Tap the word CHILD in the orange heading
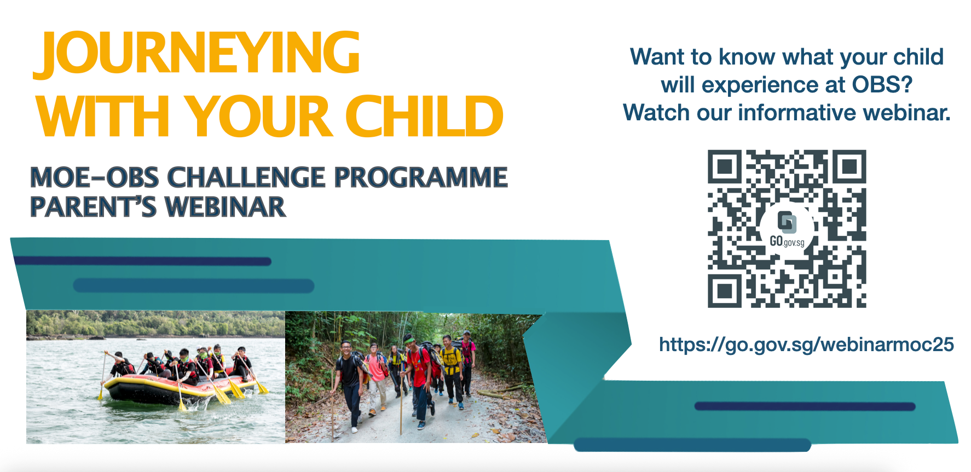424,116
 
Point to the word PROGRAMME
421,177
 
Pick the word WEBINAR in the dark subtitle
226,207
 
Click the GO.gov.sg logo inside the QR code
787,229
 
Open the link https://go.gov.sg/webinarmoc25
806,345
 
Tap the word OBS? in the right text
882,85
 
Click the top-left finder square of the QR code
725,166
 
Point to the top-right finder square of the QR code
849,166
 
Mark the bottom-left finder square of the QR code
725,290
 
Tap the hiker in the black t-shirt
349,383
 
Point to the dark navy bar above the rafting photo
142,261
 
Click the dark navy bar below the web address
805,406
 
